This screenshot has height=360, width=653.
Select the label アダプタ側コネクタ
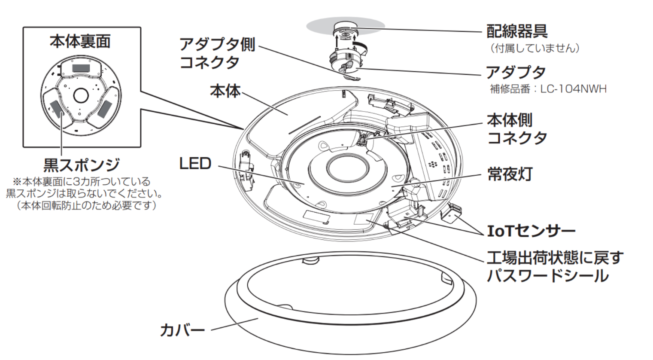tap(217, 53)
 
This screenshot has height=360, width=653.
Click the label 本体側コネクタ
tap(516, 129)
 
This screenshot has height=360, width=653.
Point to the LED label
tap(195, 164)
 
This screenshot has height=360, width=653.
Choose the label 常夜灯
tap(510, 174)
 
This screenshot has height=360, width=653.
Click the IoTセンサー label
tap(531, 231)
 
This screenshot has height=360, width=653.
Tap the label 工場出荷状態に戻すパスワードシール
tap(554, 266)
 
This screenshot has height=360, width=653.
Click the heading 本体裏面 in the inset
tap(80, 41)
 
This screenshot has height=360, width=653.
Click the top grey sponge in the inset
tap(80, 68)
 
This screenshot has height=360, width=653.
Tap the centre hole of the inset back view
tap(81, 95)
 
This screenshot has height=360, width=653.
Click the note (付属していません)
tap(535, 48)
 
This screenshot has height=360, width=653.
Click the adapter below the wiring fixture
tap(346, 60)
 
